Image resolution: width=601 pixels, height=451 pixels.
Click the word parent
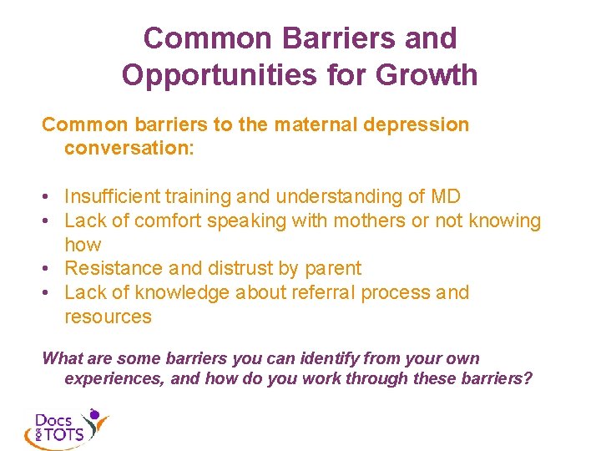pyautogui.click(x=333, y=269)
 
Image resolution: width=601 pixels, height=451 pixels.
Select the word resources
pyautogui.click(x=108, y=317)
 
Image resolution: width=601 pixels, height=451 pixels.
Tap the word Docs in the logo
pyautogui.click(x=53, y=419)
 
